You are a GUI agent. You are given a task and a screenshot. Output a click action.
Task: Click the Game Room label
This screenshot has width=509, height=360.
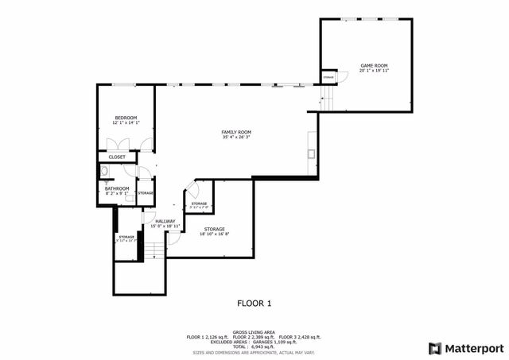point(373,65)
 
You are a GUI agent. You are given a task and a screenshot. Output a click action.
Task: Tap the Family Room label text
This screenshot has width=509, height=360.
point(236,132)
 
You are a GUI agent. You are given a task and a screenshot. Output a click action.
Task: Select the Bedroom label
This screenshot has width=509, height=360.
point(125,117)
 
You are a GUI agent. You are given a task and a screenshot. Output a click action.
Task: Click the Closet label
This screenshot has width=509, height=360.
point(117,157)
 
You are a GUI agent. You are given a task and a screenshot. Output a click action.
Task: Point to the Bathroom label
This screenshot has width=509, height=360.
point(117,188)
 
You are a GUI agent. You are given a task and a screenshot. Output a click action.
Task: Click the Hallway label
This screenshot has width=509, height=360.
point(165,221)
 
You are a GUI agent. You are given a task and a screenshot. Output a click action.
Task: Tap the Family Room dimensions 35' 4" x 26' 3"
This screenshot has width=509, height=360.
point(236,137)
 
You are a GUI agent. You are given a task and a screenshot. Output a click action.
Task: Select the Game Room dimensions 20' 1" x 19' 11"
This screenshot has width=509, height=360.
point(373,71)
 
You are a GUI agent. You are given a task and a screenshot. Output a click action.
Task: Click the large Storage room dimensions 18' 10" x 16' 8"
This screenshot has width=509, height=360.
point(214,234)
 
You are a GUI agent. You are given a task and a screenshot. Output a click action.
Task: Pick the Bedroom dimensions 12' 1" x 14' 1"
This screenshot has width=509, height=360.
point(125,122)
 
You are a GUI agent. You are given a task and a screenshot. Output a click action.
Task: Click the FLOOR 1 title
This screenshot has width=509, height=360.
point(254,303)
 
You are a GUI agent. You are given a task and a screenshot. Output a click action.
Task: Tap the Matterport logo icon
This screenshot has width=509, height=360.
point(433,347)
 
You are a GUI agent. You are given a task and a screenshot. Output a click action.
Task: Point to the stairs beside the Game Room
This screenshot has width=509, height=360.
point(326,99)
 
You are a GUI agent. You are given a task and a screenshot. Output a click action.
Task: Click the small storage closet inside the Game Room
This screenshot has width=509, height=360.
point(328,77)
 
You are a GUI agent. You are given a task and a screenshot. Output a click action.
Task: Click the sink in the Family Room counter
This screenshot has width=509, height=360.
point(312,154)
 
